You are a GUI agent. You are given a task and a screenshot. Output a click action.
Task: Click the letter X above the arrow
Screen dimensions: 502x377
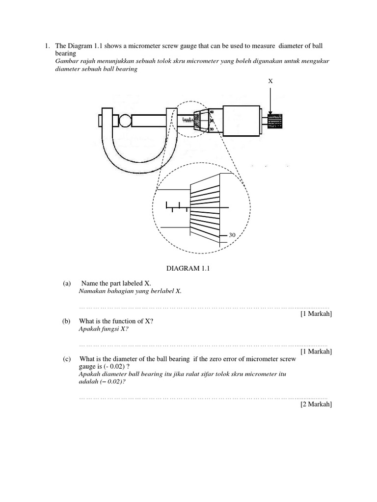coord(270,81)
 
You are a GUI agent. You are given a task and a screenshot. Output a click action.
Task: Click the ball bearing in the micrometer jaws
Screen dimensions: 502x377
coord(124,120)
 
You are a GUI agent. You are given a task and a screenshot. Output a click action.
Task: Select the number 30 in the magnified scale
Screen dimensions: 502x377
coord(233,236)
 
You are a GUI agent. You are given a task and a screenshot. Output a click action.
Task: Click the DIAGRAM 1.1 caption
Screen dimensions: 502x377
coord(188,269)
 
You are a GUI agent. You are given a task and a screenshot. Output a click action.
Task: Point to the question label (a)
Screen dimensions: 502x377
coord(67,283)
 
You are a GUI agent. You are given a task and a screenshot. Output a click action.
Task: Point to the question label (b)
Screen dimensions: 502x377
coord(67,321)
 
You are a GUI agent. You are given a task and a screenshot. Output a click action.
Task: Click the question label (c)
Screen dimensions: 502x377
coord(67,359)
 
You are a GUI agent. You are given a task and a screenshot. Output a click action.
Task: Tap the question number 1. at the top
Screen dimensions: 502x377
coord(47,46)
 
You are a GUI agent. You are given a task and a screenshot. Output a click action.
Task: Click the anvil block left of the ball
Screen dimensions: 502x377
coord(108,120)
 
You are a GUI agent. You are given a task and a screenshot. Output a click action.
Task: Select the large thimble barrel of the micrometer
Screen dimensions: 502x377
coord(241,120)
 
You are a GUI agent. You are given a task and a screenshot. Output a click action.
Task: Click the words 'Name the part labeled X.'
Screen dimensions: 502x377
coord(116,283)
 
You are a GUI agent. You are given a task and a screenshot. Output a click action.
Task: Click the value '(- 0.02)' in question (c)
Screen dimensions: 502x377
coord(108,367)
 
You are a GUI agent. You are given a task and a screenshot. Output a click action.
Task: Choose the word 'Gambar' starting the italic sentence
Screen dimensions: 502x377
coord(66,61)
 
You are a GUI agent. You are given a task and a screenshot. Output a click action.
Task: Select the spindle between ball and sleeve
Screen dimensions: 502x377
coord(150,120)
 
